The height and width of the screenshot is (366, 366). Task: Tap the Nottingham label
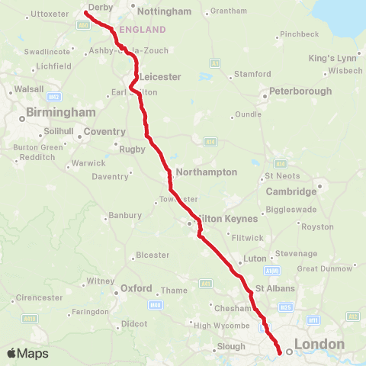(163, 11)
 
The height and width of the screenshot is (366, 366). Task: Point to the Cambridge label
(291, 191)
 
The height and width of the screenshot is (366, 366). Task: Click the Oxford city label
(137, 289)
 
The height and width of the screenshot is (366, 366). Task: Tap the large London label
(319, 345)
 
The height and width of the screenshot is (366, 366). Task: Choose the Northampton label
(206, 172)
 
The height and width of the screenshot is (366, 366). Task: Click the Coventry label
(104, 132)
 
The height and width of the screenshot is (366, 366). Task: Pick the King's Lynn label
(332, 58)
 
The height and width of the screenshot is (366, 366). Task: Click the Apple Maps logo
(28, 354)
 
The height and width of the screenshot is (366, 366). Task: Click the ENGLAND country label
(143, 30)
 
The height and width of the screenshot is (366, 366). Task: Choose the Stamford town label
(253, 74)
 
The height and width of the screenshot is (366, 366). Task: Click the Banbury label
(125, 216)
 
